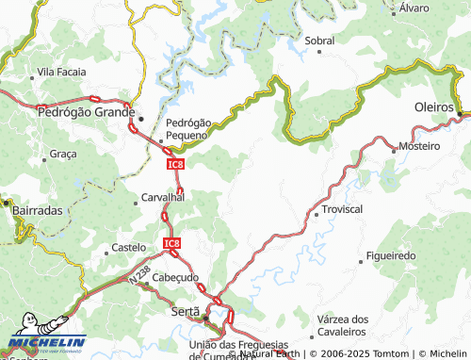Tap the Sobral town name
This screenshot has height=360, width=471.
[319, 41]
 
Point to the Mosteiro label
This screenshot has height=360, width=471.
[419, 146]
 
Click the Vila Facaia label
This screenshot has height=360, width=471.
[61, 72]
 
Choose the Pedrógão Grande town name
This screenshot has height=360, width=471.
[84, 110]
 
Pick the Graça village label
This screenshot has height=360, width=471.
[63, 153]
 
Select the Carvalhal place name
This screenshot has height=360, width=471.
[161, 198]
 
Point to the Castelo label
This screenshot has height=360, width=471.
[128, 248]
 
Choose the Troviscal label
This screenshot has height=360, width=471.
[342, 208]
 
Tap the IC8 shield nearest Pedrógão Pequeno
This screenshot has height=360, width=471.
[174, 164]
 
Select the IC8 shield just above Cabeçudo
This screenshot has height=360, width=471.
[171, 244]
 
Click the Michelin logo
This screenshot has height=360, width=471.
[44, 343]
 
